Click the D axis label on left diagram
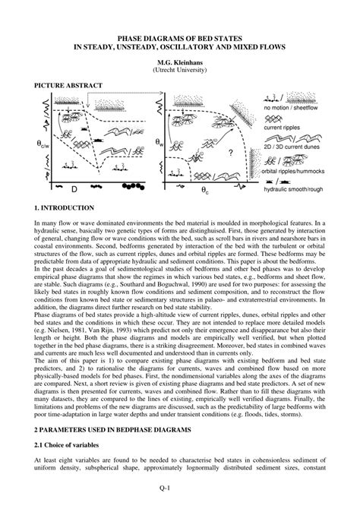(x=74, y=188)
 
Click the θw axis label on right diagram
(x=159, y=142)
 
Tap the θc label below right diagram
(x=205, y=191)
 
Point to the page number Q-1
(x=180, y=489)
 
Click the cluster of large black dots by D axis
(x=132, y=185)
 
